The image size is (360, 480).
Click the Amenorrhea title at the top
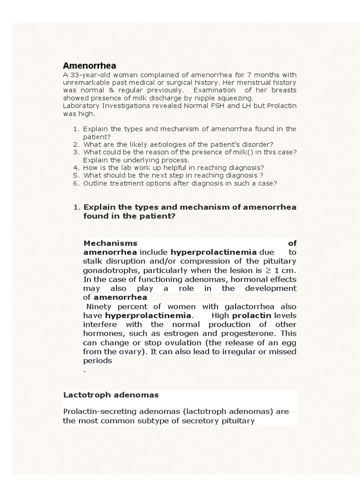(90, 66)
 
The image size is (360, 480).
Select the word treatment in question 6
(124, 183)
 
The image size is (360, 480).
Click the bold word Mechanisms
(110, 243)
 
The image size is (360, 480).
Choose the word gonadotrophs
(111, 270)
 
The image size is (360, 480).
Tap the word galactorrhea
(240, 306)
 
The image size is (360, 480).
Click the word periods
(97, 360)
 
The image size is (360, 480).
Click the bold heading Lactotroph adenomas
(111, 395)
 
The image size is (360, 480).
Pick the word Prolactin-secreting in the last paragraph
(97, 411)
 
